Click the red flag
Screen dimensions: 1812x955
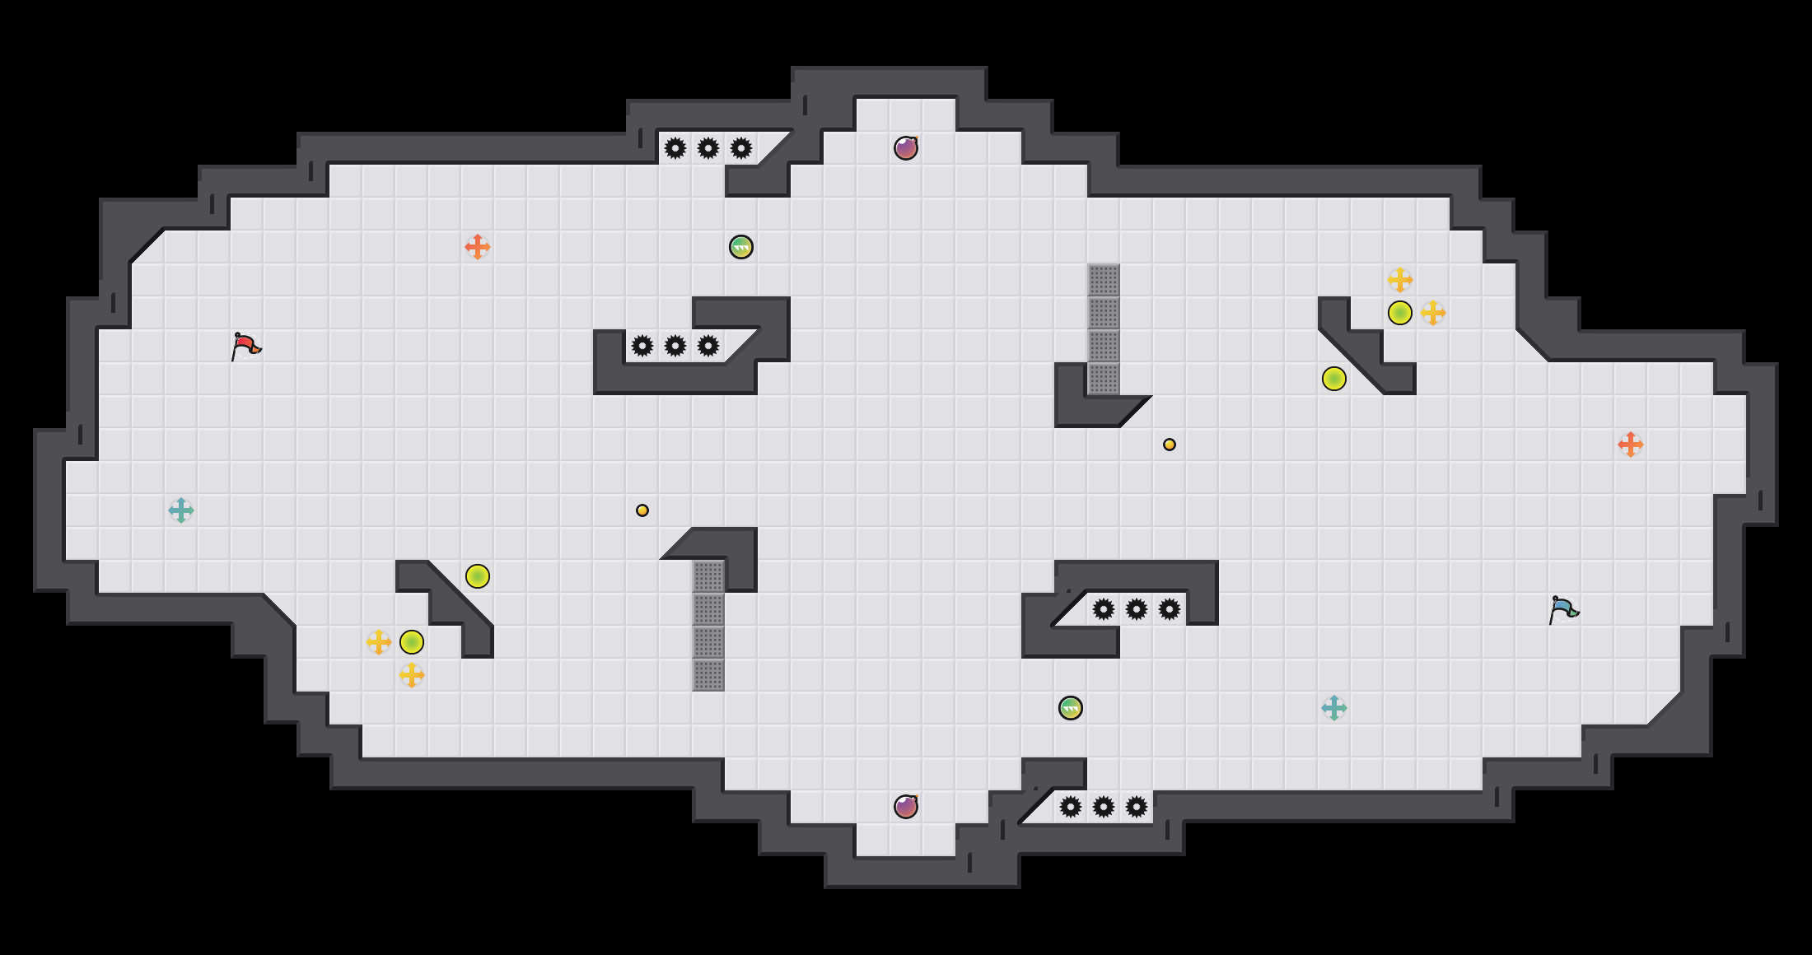coord(245,347)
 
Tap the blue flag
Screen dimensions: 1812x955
coord(1563,610)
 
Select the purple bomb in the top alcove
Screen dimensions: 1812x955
coord(906,148)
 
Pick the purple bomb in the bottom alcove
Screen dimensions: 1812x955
coord(906,807)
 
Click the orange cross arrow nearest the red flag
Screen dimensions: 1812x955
coord(478,247)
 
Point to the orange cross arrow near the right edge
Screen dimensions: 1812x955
coord(1631,445)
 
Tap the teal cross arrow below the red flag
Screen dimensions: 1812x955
coord(181,510)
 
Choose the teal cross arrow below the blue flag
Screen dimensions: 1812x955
coord(1334,708)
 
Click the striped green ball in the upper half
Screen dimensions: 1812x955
coord(741,247)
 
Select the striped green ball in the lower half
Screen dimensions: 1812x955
coord(1071,708)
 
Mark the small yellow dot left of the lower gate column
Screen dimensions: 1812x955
coord(642,510)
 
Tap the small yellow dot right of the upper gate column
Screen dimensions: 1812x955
coord(1170,445)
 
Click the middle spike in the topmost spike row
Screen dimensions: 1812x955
coord(708,148)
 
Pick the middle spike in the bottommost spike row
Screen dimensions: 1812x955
coord(1104,807)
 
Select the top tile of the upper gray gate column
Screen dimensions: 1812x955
coord(1104,280)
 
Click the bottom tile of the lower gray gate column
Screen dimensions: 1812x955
coord(708,675)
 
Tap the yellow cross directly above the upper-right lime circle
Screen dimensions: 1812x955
coord(1400,280)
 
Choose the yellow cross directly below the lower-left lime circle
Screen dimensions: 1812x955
coord(412,675)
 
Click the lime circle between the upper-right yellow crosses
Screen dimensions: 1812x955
coord(1400,313)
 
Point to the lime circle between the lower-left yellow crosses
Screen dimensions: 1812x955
coord(412,642)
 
